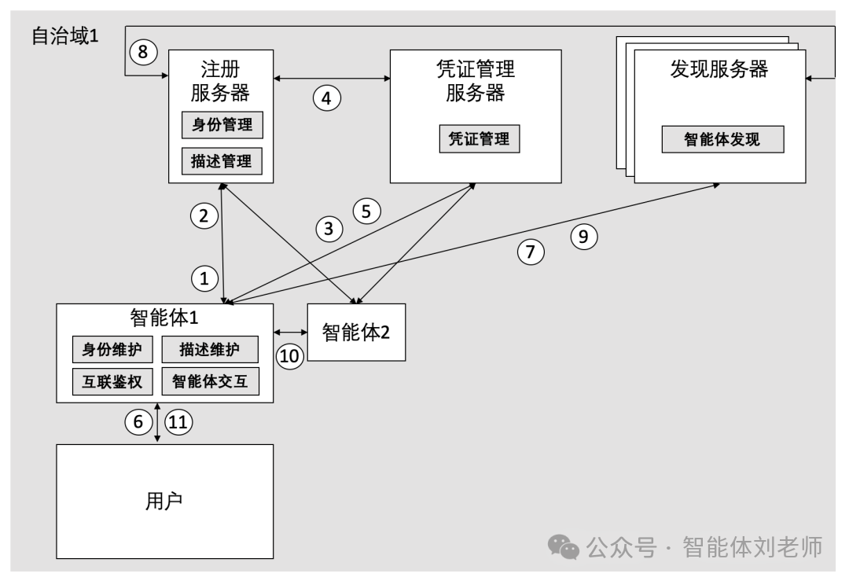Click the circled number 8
pyautogui.click(x=142, y=53)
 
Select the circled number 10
pyautogui.click(x=289, y=356)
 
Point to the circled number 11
pyautogui.click(x=178, y=421)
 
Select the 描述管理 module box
pyautogui.click(x=222, y=161)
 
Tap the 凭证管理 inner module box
pyautogui.click(x=479, y=139)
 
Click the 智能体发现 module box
pyautogui.click(x=722, y=140)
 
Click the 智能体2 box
pyautogui.click(x=356, y=332)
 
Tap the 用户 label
pyautogui.click(x=165, y=500)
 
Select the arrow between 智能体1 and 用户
pyautogui.click(x=159, y=423)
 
